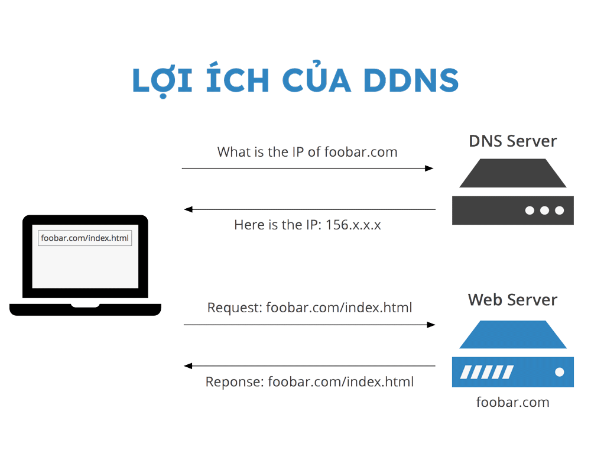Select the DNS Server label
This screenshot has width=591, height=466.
[x=512, y=141]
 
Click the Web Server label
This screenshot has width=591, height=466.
[x=512, y=300]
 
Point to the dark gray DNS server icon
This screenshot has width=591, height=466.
[x=512, y=192]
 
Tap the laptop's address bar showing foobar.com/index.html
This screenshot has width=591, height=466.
[x=85, y=238]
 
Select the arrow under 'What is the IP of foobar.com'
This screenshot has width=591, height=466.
[x=307, y=169]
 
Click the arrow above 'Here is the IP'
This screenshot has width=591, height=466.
[x=310, y=209]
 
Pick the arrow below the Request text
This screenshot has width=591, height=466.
[x=309, y=325]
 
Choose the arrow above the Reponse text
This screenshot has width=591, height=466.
[x=310, y=366]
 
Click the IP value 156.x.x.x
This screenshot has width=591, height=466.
[x=353, y=225]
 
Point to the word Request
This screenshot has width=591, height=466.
[x=234, y=308]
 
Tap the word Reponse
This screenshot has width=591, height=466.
[x=234, y=382]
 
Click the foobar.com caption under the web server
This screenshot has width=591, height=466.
[x=512, y=403]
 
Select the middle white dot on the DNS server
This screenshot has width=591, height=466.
[x=544, y=211]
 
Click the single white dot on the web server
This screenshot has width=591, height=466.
[x=559, y=372]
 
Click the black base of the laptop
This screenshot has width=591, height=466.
[x=85, y=310]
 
